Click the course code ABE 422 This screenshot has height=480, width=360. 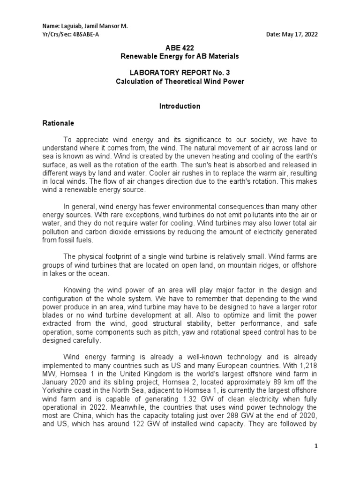point(180,48)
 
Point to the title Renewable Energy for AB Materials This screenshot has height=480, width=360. point(180,56)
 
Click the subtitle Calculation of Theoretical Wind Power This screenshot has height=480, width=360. point(180,82)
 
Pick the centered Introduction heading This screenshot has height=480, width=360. point(180,106)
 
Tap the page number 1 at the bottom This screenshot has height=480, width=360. point(317,447)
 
